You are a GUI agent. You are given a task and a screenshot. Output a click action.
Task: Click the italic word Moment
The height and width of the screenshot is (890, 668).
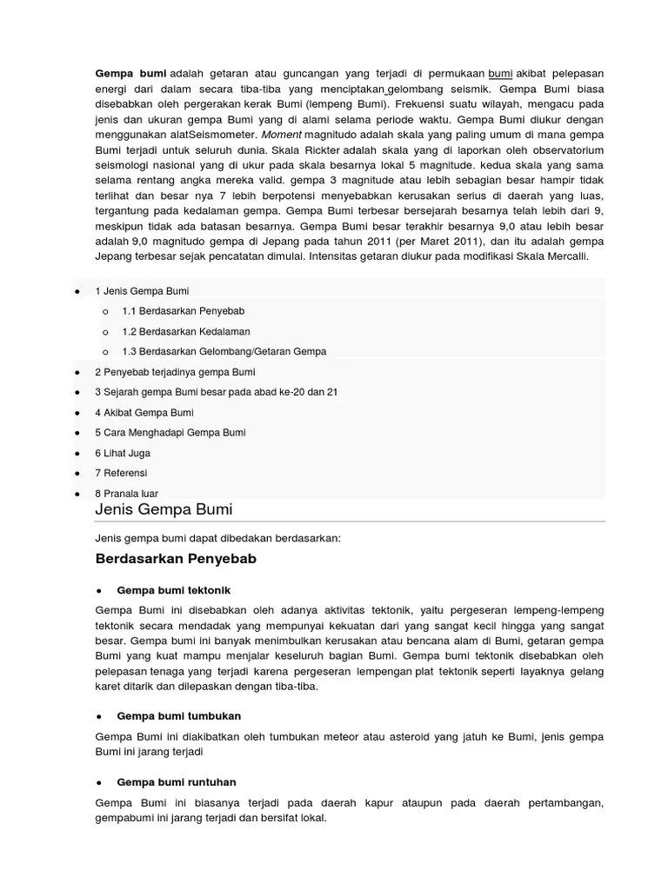coord(283,136)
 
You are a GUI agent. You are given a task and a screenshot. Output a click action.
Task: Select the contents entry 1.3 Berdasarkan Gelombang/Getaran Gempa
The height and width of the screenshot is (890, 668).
coord(224,351)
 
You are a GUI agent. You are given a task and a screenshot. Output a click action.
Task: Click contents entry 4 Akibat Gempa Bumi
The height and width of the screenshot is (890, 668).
coord(144,412)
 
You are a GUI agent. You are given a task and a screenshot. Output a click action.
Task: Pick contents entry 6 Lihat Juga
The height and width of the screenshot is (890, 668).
coord(123,453)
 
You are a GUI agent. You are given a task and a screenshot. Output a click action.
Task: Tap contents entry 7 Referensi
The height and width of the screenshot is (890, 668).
coord(121,473)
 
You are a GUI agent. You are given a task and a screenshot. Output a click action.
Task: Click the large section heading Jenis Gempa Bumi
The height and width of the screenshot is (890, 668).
coord(164,508)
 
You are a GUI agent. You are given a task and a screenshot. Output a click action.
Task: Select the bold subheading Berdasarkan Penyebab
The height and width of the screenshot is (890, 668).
coord(176,558)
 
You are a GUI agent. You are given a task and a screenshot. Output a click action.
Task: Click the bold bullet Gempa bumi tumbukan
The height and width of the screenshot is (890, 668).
coord(178,715)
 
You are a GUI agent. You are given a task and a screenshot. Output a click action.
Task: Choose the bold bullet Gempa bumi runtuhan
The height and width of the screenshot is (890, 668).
coord(176,782)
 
